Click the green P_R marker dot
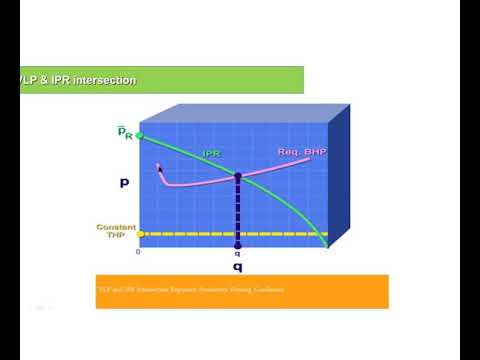tap(140, 134)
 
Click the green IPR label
tap(211, 153)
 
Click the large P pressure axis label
tap(123, 183)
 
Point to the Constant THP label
tap(116, 232)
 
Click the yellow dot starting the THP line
tap(140, 235)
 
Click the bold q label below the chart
tap(237, 269)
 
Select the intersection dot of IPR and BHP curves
tap(237, 176)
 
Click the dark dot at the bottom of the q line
tap(237, 245)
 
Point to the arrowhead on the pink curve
tap(159, 168)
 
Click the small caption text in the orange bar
tap(190, 290)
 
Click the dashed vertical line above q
tap(237, 210)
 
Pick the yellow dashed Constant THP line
tap(200, 235)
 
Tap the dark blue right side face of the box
tap(340, 180)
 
